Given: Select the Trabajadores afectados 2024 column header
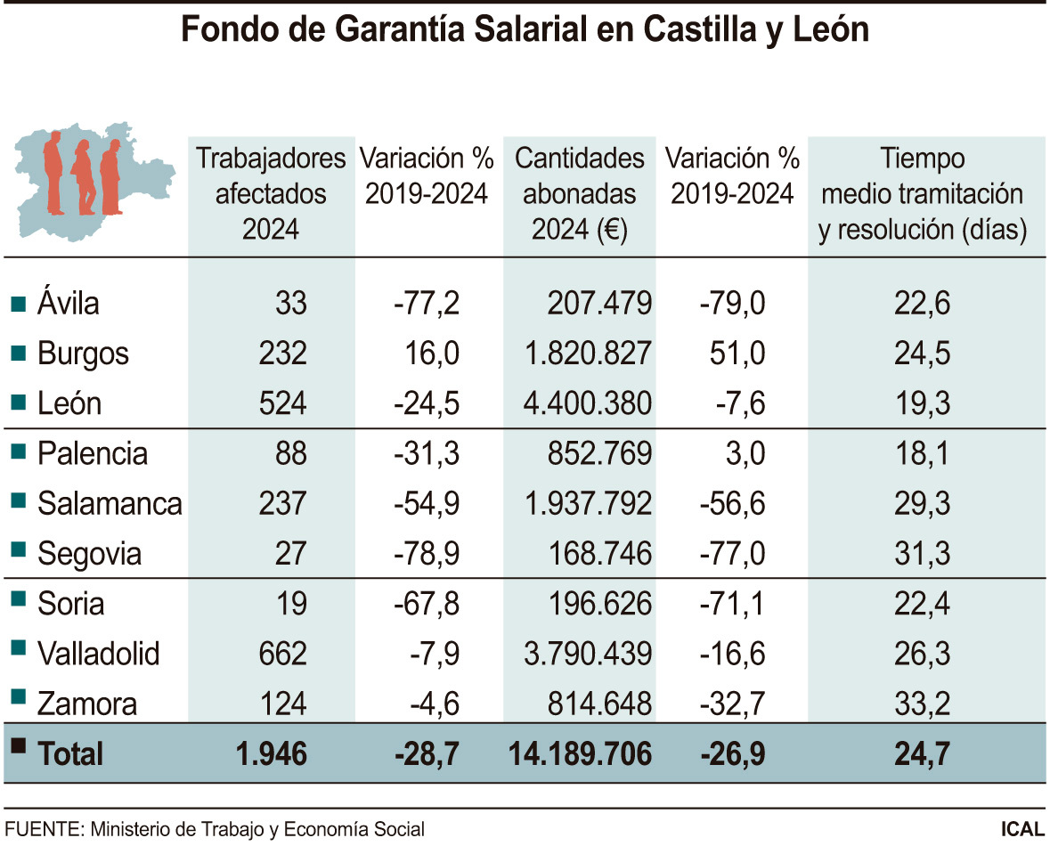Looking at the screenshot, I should click(271, 194).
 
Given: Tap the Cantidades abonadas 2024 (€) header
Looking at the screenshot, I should click(580, 194).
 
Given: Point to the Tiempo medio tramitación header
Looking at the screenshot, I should click(923, 194).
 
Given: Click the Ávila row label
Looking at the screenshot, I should click(69, 304).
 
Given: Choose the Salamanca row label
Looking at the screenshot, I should click(110, 504).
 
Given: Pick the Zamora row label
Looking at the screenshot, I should click(87, 704).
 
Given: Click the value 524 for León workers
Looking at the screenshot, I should click(281, 404).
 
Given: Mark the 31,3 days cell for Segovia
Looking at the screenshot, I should click(922, 554).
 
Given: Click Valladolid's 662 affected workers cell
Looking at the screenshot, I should click(281, 655).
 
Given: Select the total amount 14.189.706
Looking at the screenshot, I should click(580, 755).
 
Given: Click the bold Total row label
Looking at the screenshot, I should click(70, 755).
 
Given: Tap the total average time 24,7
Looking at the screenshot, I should click(922, 755).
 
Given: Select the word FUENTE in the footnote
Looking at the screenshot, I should click(42, 828).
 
